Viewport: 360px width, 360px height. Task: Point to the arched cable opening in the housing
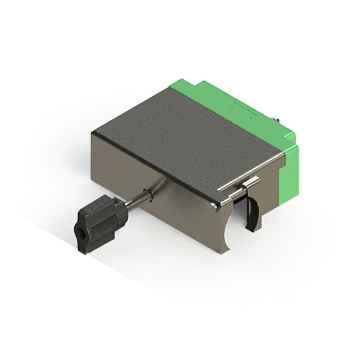click(233, 225)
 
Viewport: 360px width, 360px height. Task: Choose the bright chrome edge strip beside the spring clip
click(233, 194)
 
